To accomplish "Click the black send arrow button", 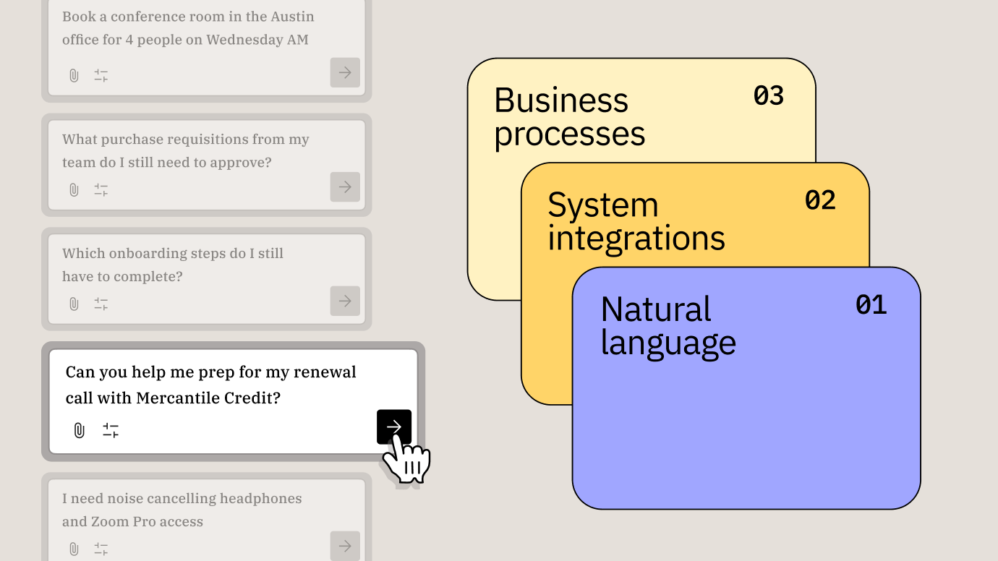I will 393,427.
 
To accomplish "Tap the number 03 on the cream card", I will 768,95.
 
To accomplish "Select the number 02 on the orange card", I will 819,200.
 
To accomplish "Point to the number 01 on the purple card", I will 871,305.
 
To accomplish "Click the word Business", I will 560,100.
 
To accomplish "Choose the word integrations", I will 636,238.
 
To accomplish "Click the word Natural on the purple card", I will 655,309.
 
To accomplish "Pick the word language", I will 668,343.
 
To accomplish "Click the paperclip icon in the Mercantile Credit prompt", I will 79,431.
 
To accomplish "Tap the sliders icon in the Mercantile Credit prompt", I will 111,431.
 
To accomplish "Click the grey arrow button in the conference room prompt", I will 345,73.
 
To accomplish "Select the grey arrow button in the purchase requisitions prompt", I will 345,187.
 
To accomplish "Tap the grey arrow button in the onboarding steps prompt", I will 345,301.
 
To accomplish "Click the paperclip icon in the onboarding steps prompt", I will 74,304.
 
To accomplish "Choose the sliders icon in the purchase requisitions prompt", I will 101,190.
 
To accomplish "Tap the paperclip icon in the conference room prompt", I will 74,75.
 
